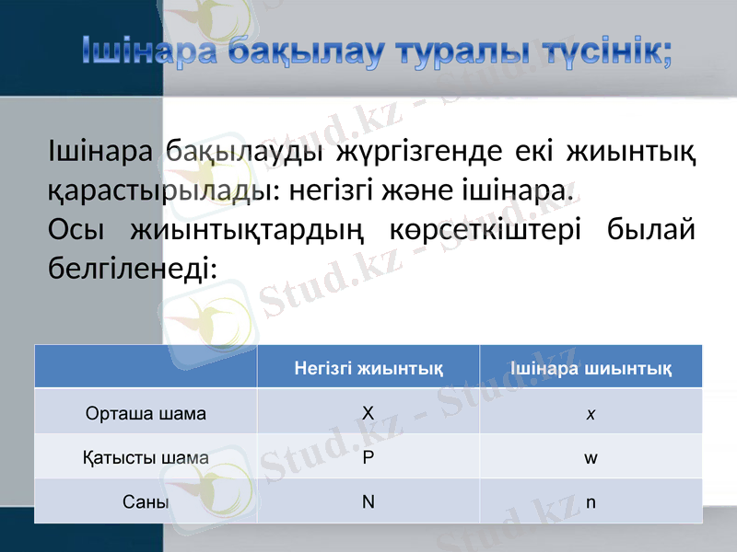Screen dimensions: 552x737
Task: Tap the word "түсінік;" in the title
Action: click(604, 51)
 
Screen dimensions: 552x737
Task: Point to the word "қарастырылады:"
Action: click(158, 190)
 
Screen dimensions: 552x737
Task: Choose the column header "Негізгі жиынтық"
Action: click(368, 369)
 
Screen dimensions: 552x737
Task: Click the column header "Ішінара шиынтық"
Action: click(591, 369)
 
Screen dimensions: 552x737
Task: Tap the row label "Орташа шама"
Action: click(146, 413)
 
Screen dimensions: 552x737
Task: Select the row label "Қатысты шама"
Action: click(146, 457)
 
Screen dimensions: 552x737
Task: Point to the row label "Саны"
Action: click(146, 502)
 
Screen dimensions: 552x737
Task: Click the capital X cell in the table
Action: click(368, 413)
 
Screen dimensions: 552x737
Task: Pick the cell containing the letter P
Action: click(368, 457)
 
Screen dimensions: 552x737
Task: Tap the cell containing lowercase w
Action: click(590, 457)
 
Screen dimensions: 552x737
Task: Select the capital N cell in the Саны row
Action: click(368, 502)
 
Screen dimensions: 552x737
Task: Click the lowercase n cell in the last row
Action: click(590, 502)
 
